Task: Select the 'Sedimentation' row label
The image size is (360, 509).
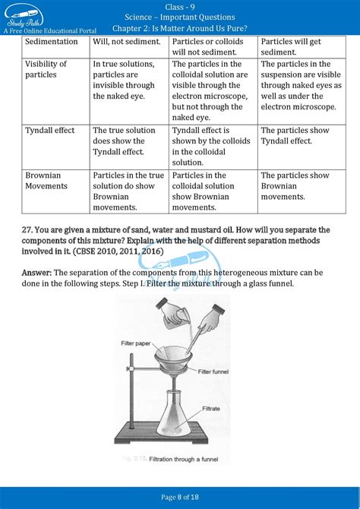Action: click(x=52, y=41)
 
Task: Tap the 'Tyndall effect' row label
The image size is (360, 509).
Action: click(x=50, y=130)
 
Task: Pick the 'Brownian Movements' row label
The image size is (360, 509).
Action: click(x=43, y=180)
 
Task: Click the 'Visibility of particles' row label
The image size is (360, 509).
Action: click(x=46, y=69)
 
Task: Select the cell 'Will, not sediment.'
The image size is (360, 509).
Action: click(x=123, y=41)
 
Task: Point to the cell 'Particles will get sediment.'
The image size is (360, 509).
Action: click(x=289, y=46)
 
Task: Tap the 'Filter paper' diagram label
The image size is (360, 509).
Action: click(x=138, y=343)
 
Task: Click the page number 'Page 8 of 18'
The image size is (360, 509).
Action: click(x=179, y=497)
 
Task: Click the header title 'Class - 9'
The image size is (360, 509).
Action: click(x=179, y=6)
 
